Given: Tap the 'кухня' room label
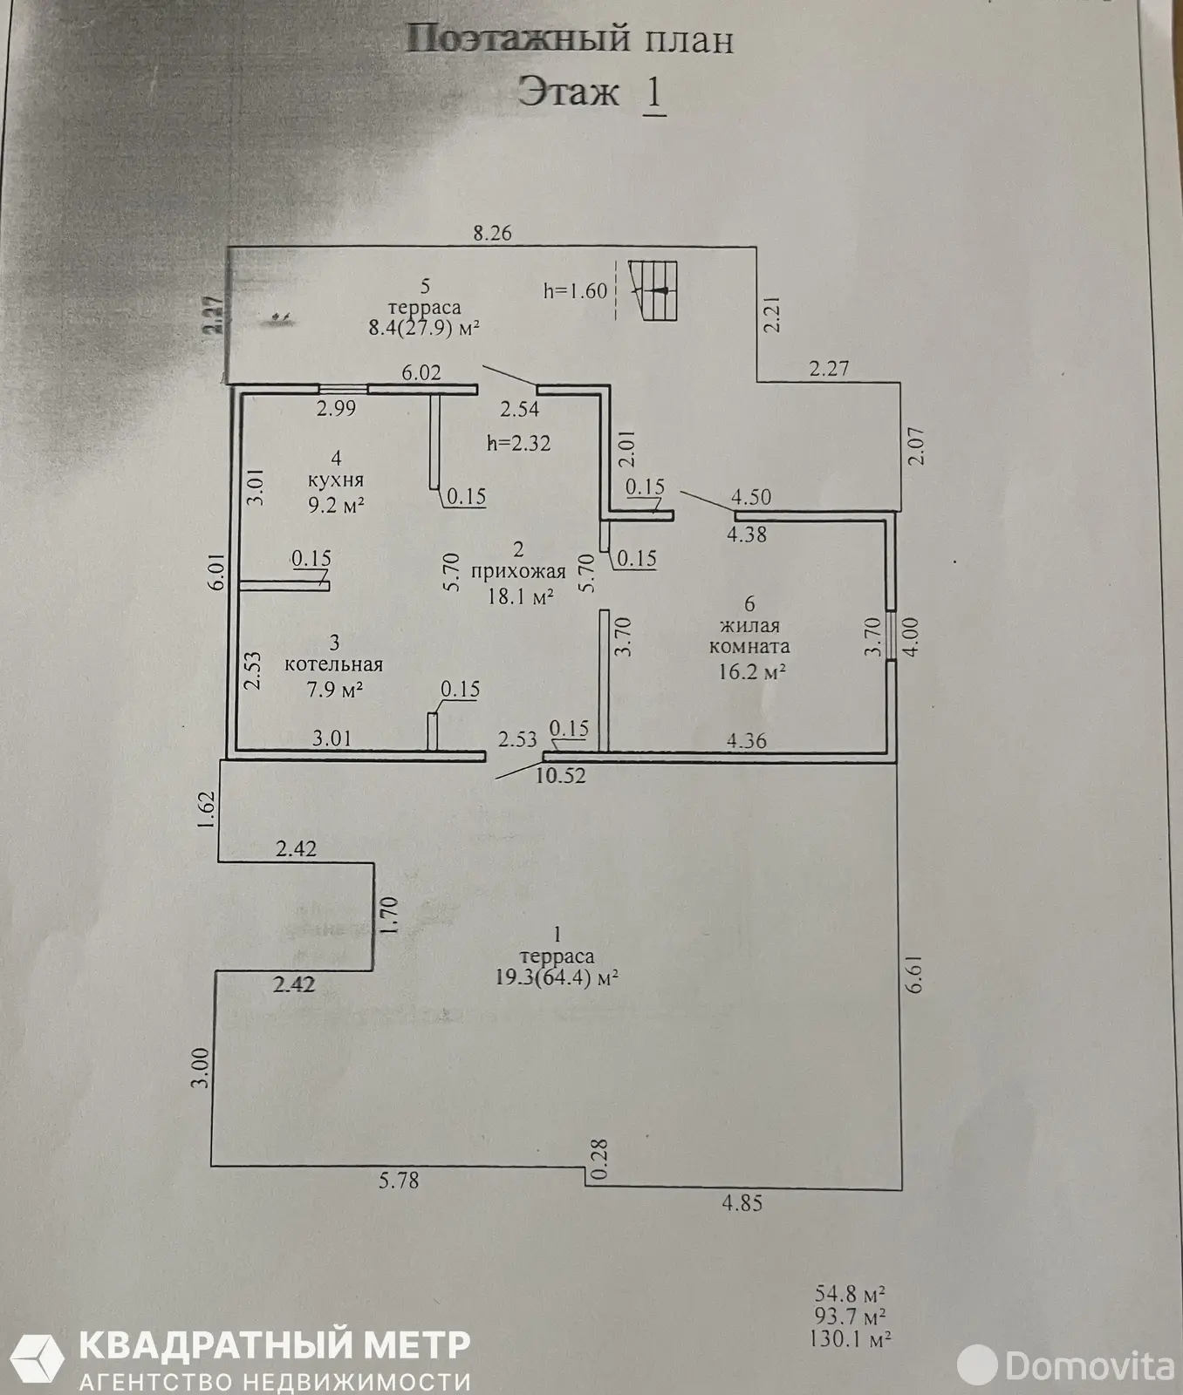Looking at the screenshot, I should (x=336, y=480).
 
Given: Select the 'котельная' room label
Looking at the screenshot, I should (x=334, y=664).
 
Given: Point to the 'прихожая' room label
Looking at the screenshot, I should (x=518, y=573).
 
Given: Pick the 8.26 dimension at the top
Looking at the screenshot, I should (x=491, y=233).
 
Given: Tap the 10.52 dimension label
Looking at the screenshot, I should (x=561, y=774).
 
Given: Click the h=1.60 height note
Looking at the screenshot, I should (x=575, y=290).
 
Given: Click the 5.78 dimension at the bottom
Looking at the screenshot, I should (x=399, y=1181).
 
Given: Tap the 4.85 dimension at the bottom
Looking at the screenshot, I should (x=742, y=1203).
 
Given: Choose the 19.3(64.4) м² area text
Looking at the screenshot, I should (x=557, y=977).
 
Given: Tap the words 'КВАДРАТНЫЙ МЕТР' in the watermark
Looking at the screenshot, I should (x=275, y=1344).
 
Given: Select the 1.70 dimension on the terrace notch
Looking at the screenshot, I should (x=389, y=917).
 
